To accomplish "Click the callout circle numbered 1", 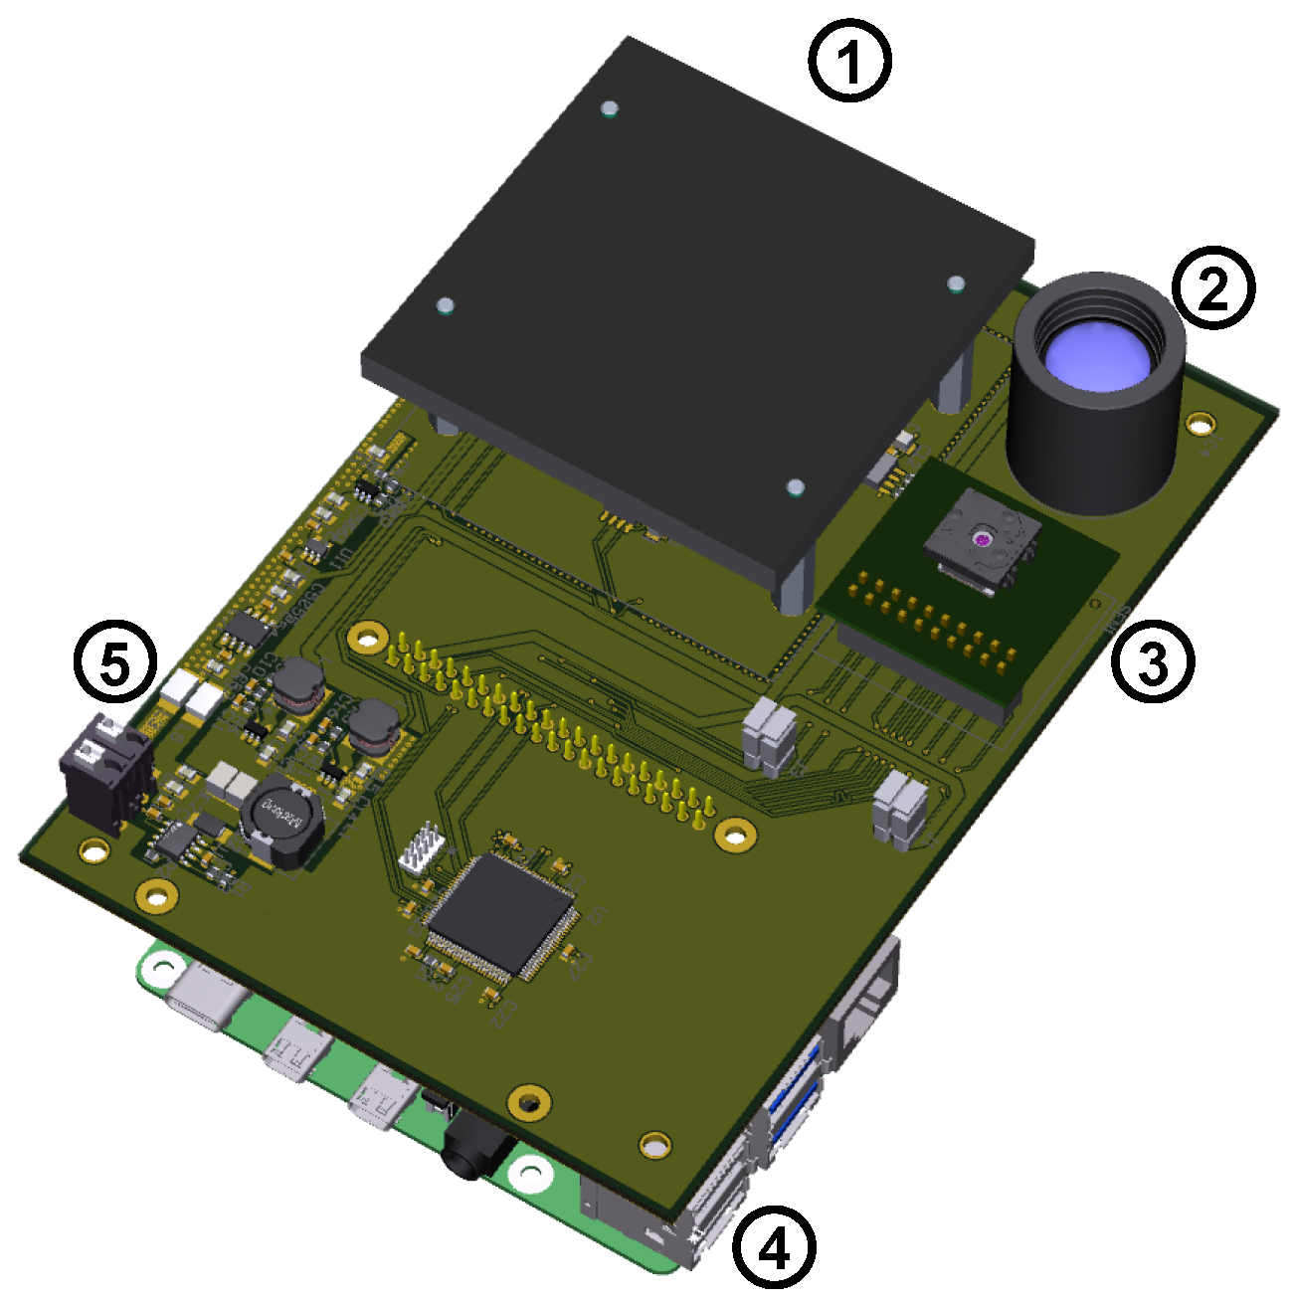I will pos(848,62).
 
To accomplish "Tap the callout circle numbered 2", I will pos(1212,287).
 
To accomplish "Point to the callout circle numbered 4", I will pos(774,1246).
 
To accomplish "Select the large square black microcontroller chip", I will pos(502,913).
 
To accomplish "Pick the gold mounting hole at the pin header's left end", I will pos(368,635).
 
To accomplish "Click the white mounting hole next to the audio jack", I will pos(532,1175).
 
